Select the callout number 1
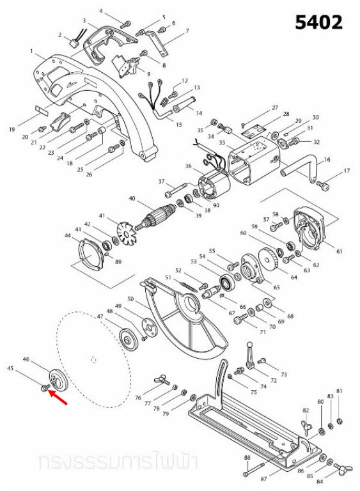coord(31,51)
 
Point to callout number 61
coord(340,251)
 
